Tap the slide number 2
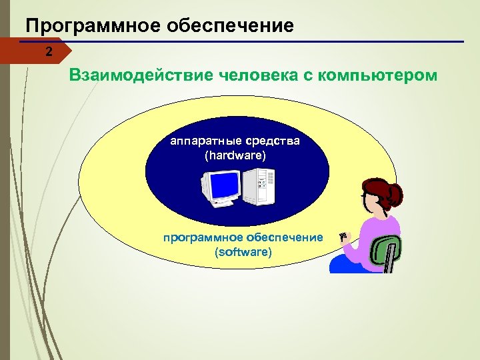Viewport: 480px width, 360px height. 48,51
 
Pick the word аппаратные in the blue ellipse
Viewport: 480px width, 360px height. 201,141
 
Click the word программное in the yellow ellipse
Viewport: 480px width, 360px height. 204,238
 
